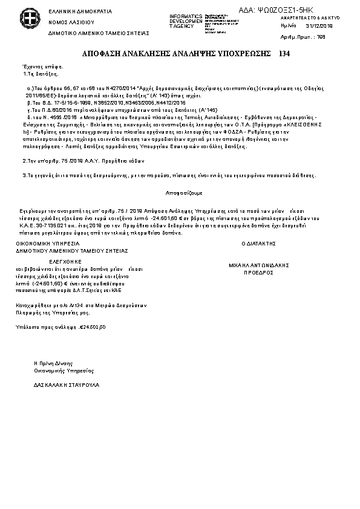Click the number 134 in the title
285,54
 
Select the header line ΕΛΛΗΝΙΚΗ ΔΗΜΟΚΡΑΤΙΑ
71,11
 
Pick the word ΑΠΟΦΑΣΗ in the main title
103,54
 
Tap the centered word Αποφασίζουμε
180,192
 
